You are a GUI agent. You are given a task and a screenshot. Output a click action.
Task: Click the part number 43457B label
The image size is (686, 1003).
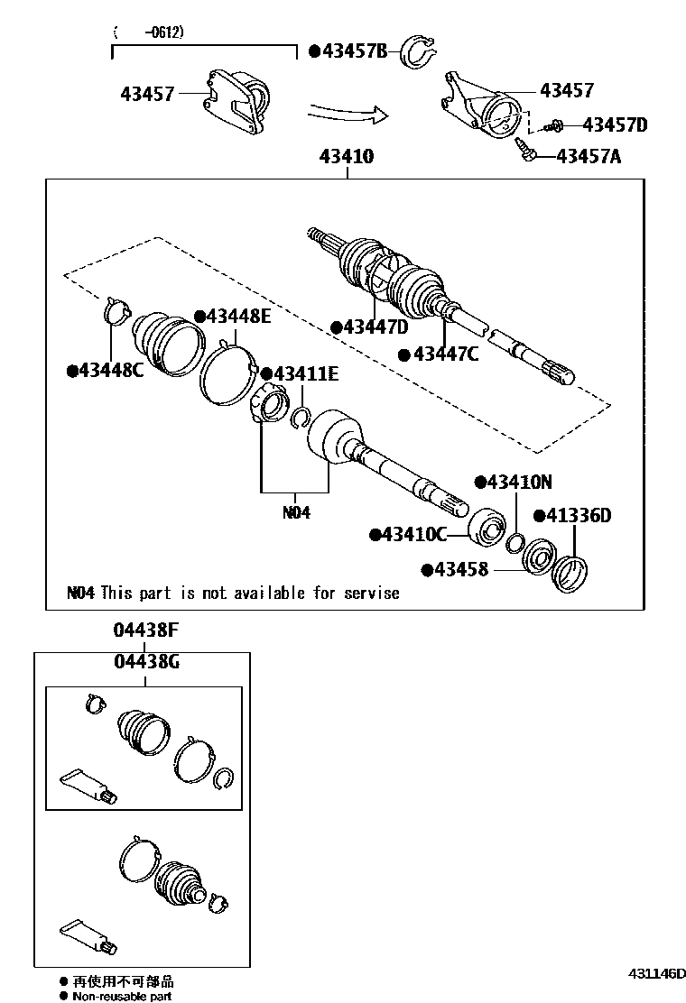pyautogui.click(x=353, y=52)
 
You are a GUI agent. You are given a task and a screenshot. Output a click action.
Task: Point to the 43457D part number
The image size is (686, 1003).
pyautogui.click(x=614, y=124)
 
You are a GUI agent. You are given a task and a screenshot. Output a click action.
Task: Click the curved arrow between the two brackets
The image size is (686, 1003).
pyautogui.click(x=348, y=113)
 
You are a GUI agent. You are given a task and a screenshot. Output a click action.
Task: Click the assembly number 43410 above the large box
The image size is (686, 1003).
pyautogui.click(x=346, y=156)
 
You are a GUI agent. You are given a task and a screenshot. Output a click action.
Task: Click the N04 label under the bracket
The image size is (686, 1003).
pyautogui.click(x=296, y=512)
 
